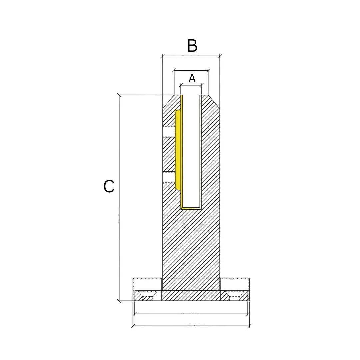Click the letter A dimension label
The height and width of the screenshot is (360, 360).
192,79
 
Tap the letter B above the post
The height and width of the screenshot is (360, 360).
192,46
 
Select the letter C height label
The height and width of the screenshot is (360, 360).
109,187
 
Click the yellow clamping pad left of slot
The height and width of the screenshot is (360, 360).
178,150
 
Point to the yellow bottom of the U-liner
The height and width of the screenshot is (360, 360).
191,208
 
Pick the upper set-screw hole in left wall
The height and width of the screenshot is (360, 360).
169,132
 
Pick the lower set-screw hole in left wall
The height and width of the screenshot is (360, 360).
169,178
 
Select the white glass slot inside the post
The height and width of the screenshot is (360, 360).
191,150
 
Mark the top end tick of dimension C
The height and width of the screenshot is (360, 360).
119,95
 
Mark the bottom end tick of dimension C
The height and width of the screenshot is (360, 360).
119,301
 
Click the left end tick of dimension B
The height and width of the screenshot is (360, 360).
163,56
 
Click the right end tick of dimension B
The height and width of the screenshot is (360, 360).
220,56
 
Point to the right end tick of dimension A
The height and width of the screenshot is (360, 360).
201,85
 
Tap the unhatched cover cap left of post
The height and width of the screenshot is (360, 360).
147,284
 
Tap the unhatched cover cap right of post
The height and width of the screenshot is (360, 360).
235,284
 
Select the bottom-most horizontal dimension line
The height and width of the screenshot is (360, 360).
191,326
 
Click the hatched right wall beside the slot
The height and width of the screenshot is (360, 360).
210,150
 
